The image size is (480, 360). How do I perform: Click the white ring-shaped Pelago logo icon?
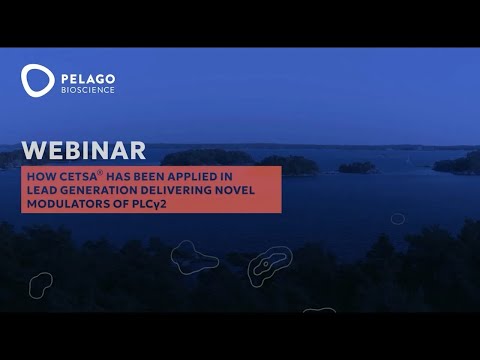pos(38,80)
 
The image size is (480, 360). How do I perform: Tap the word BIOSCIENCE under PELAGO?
pos(88,89)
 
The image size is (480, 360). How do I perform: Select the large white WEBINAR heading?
pos(83,151)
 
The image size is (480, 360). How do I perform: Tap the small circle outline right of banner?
pos(398,218)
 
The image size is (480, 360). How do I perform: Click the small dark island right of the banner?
pos(357,167)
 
